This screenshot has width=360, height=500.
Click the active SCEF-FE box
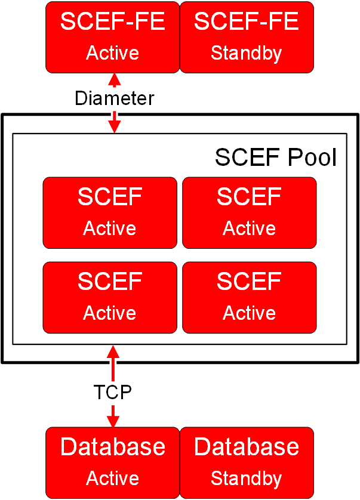[112, 37]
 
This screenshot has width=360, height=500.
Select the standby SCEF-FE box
[246, 37]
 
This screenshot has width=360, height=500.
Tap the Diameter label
[113, 98]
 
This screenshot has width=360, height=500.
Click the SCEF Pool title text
[275, 158]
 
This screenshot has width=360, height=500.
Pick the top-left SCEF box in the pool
[110, 212]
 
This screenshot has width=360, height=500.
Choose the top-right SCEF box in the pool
[249, 212]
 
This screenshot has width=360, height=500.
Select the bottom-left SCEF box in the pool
[110, 297]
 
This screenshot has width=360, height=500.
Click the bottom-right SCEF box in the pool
[249, 297]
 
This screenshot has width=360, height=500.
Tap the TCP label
[112, 392]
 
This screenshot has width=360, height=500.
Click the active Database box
[112, 462]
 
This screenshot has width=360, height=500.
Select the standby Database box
[246, 462]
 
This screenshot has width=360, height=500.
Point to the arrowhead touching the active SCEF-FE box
[113, 78]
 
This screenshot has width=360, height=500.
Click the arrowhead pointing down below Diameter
[113, 126]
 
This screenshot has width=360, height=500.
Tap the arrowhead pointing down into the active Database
[113, 421]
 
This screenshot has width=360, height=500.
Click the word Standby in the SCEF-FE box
[246, 53]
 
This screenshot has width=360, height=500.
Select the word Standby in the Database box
[246, 479]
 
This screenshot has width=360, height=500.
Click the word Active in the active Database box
[112, 479]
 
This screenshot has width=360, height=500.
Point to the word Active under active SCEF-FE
[112, 53]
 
